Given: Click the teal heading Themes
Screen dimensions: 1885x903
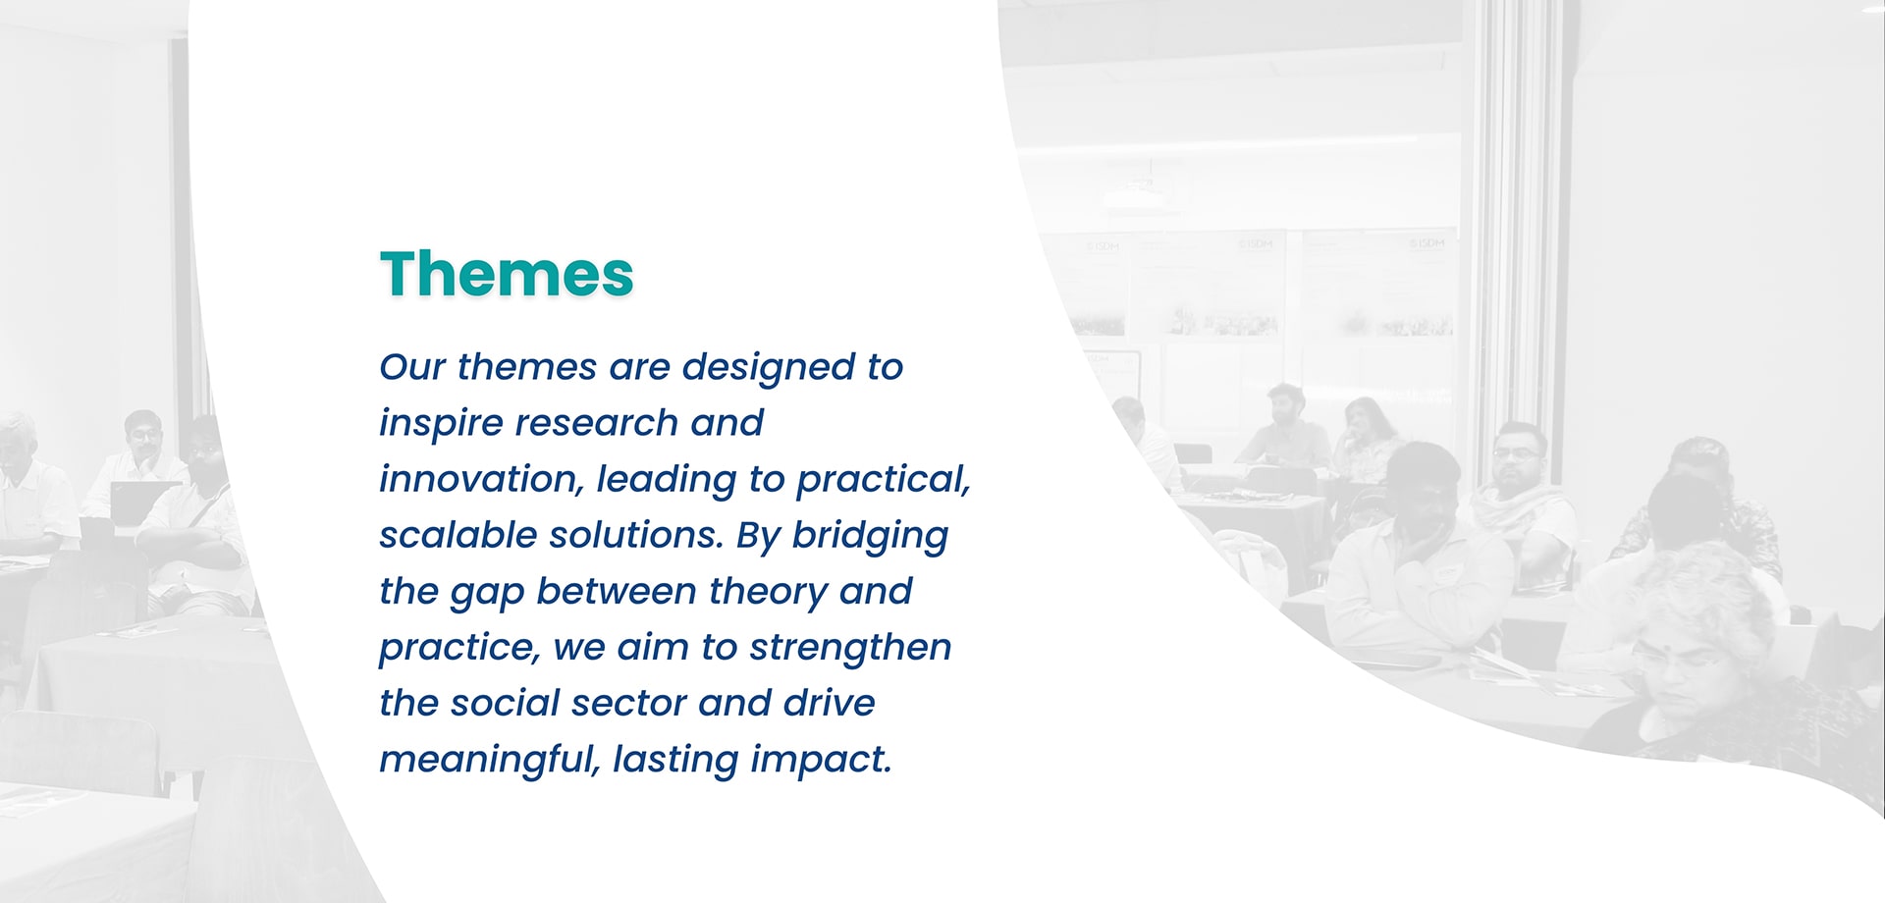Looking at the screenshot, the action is [x=507, y=273].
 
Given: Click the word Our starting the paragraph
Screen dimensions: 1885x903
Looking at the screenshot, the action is [x=412, y=367].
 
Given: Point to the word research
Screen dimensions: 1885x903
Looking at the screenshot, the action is [x=597, y=423].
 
